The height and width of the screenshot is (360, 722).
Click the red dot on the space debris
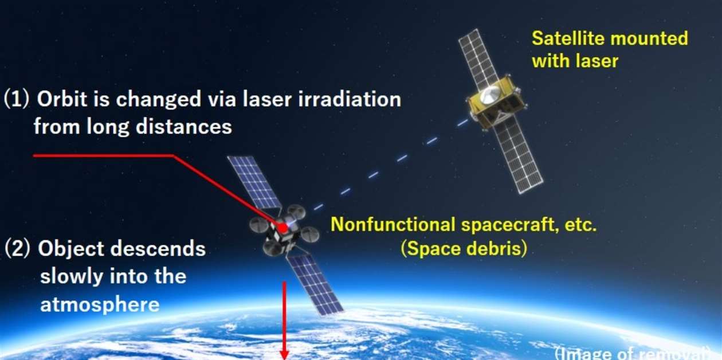point(282,228)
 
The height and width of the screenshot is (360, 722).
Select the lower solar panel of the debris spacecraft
point(315,284)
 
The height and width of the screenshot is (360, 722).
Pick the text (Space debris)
point(463,249)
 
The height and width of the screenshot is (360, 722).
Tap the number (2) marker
point(18,250)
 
